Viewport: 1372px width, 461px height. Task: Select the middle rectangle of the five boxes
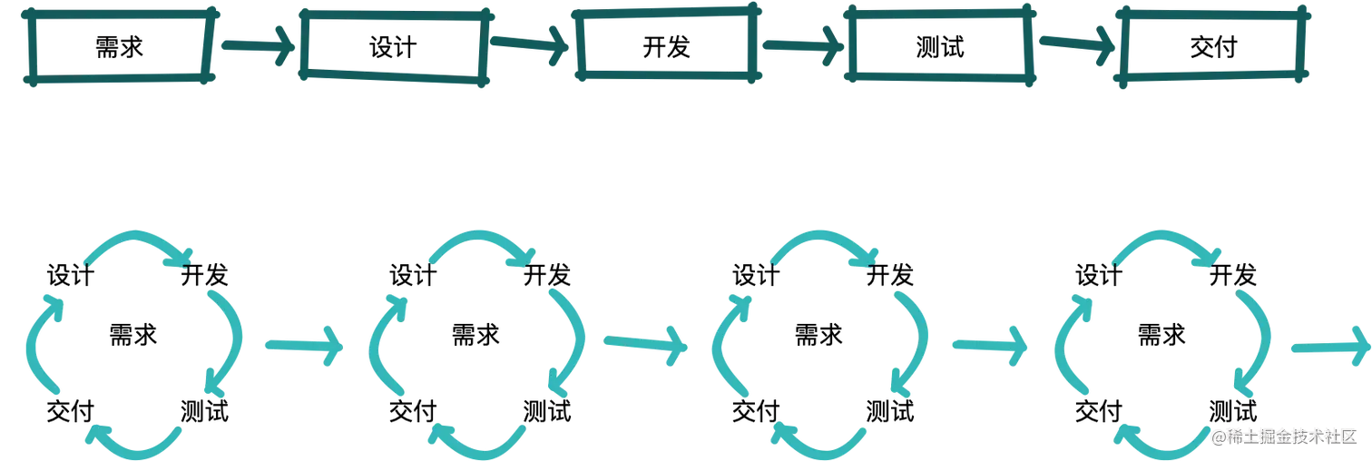click(665, 47)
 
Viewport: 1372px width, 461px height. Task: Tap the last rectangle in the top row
click(1212, 47)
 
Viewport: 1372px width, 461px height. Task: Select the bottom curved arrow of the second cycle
click(476, 441)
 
